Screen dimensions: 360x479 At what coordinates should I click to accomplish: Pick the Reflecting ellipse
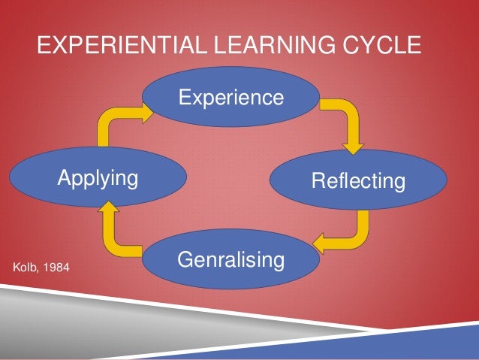pos(358,180)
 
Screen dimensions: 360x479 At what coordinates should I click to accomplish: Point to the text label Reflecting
pos(358,181)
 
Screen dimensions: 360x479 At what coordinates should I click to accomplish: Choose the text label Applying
pos(98,179)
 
